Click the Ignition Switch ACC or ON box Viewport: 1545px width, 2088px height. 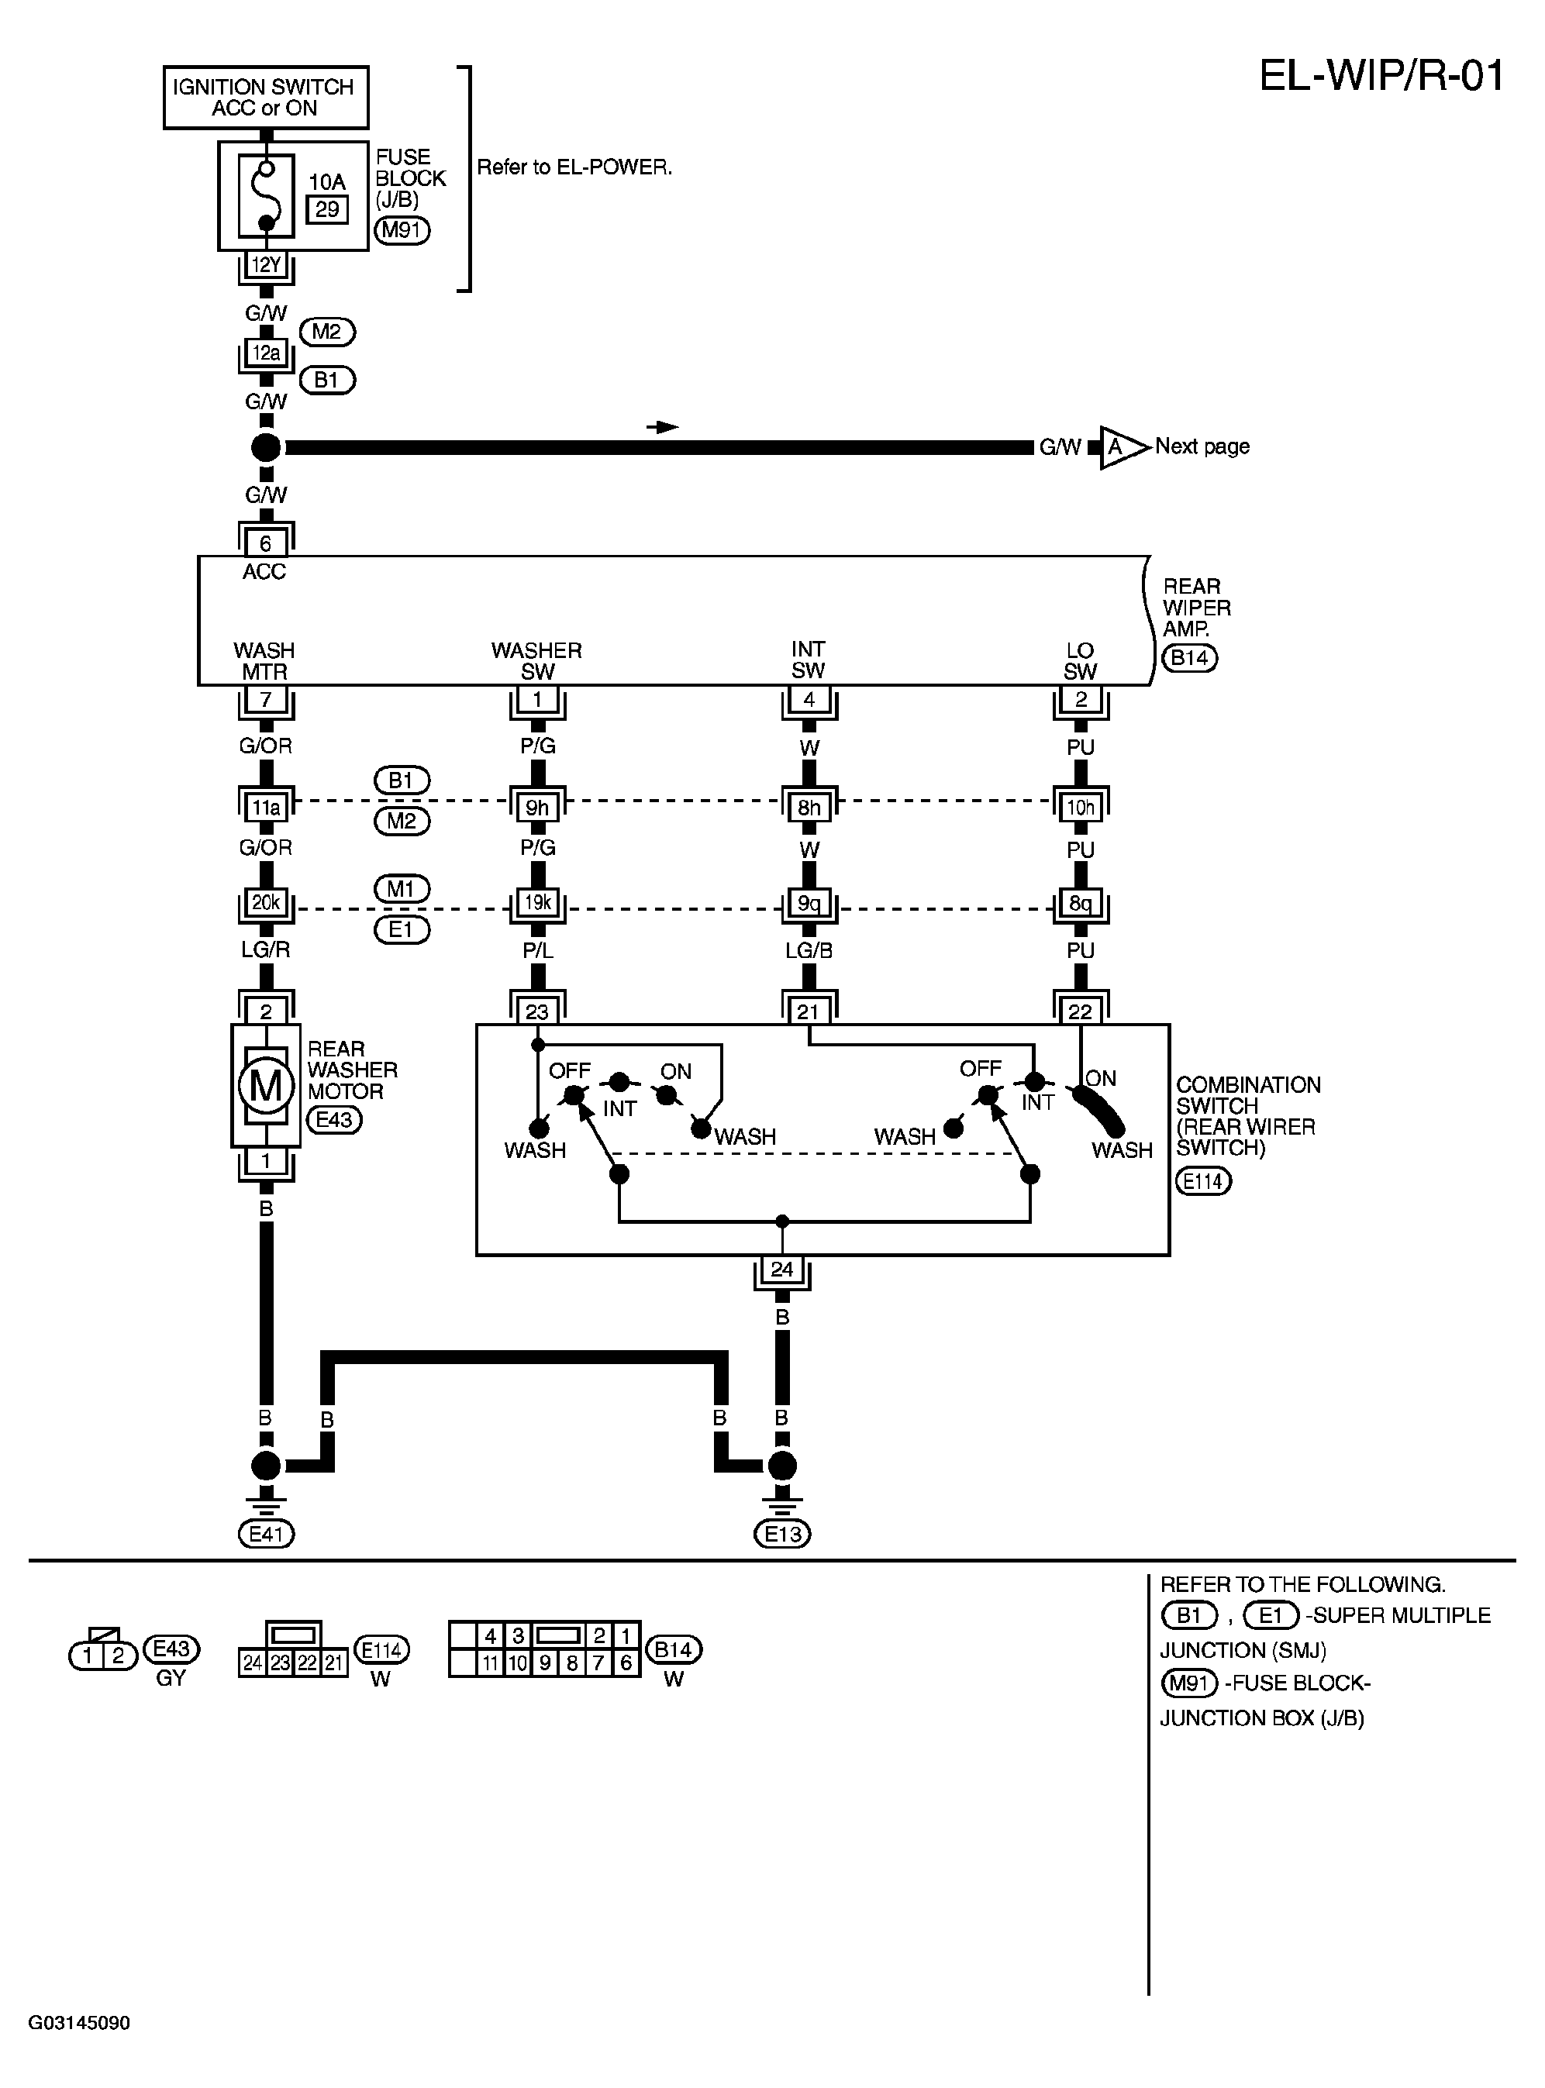pyautogui.click(x=266, y=97)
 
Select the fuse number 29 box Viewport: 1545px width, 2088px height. pyautogui.click(x=326, y=209)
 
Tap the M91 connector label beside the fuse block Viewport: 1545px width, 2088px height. pyautogui.click(x=402, y=230)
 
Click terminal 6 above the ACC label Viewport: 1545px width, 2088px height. pyautogui.click(x=266, y=543)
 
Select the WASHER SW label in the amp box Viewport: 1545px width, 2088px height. pyautogui.click(x=536, y=660)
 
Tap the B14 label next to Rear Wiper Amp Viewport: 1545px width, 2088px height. pyautogui.click(x=1190, y=657)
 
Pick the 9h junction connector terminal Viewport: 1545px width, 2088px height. pyautogui.click(x=538, y=807)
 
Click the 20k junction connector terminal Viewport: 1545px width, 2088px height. pyautogui.click(x=266, y=903)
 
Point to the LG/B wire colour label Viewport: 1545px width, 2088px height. pyautogui.click(x=809, y=950)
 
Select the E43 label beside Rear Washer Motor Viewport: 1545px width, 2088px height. pyautogui.click(x=334, y=1119)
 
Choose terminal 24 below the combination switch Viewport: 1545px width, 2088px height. pyautogui.click(x=782, y=1269)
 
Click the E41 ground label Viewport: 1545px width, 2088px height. pyautogui.click(x=267, y=1534)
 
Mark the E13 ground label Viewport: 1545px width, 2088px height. pyautogui.click(x=783, y=1534)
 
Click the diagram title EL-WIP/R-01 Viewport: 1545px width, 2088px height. pyautogui.click(x=1381, y=76)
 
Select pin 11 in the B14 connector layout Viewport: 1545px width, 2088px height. pyautogui.click(x=490, y=1662)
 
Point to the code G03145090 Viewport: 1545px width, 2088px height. pyautogui.click(x=80, y=2024)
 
